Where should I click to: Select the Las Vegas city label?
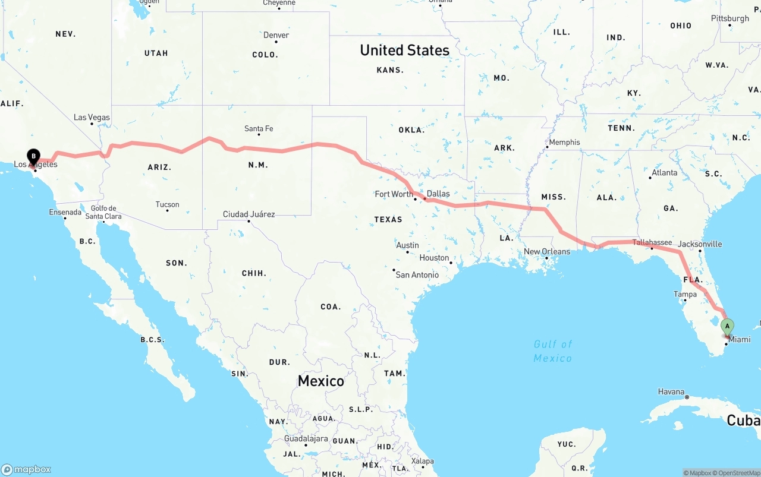click(92, 118)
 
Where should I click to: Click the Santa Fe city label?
click(259, 128)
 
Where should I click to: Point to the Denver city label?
click(276, 35)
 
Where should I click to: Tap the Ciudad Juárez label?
click(249, 214)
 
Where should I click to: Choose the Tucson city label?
click(167, 204)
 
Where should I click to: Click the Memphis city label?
click(564, 142)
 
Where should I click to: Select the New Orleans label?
click(547, 251)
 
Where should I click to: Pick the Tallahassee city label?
click(652, 242)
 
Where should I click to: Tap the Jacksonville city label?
click(700, 244)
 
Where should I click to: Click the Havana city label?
click(671, 391)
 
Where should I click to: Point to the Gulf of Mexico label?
click(553, 351)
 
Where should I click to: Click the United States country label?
click(404, 50)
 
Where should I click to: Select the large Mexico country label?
click(321, 381)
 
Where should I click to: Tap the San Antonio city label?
click(417, 274)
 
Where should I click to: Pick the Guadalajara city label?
click(306, 438)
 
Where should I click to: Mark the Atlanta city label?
click(664, 173)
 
